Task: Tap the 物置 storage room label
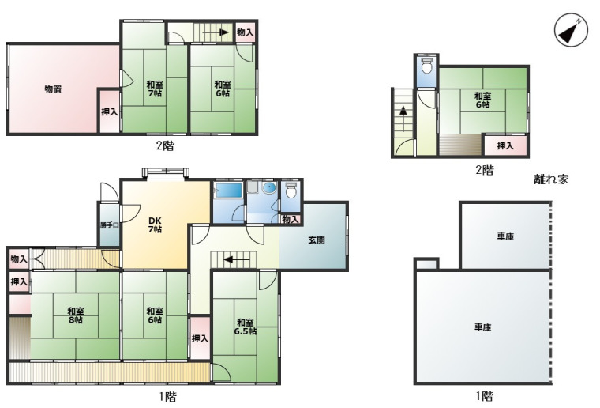click(53, 89)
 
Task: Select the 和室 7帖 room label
click(155, 89)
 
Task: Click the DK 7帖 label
click(155, 225)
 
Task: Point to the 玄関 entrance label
click(317, 240)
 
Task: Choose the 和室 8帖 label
click(76, 315)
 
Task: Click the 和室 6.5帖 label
click(246, 327)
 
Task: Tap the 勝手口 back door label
click(110, 225)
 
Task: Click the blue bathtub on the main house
click(227, 191)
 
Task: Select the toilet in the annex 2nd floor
click(426, 66)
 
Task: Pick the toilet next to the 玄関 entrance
click(291, 190)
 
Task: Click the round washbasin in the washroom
click(269, 187)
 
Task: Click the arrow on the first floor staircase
click(237, 260)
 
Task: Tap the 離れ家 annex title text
click(551, 179)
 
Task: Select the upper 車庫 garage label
click(505, 236)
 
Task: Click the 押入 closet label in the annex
click(505, 145)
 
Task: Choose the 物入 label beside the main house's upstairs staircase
click(246, 32)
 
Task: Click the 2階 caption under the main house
click(165, 146)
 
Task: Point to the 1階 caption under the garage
click(484, 396)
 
